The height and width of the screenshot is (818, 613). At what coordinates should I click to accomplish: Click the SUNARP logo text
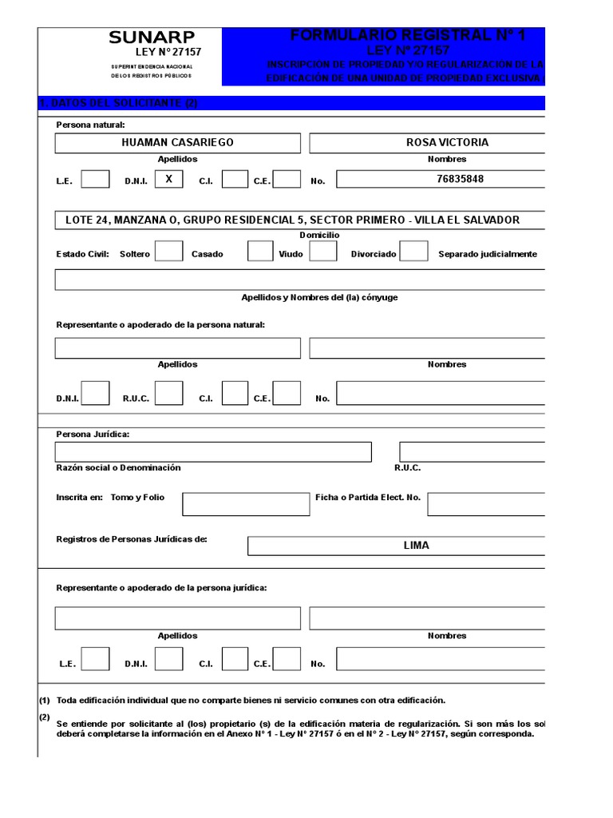coord(152,37)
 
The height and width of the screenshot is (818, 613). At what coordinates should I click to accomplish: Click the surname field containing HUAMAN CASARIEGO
coord(177,143)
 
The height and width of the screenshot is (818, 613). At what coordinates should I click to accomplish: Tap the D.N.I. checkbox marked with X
coord(168,180)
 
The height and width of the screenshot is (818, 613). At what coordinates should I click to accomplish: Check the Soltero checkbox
coord(168,252)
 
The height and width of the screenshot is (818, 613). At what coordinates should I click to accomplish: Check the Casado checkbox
coord(260,252)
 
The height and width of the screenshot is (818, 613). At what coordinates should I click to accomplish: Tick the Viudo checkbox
coord(322,252)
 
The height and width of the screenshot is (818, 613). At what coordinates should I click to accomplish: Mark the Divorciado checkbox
coord(413,252)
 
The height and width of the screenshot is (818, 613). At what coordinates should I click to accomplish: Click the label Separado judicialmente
coord(487,255)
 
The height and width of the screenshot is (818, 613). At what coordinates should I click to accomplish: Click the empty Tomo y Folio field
coord(246,504)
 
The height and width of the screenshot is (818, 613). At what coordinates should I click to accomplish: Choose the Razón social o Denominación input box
coord(213,452)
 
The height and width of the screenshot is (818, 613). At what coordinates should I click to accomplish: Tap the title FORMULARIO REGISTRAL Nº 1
coord(408,35)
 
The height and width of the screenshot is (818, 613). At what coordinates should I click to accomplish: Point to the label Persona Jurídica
coord(93,435)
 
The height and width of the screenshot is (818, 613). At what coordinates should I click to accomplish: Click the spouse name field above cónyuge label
coord(300,280)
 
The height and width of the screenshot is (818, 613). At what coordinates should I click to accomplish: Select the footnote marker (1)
coord(45,700)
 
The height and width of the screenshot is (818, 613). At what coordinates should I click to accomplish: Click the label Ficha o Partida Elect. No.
coord(367,497)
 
